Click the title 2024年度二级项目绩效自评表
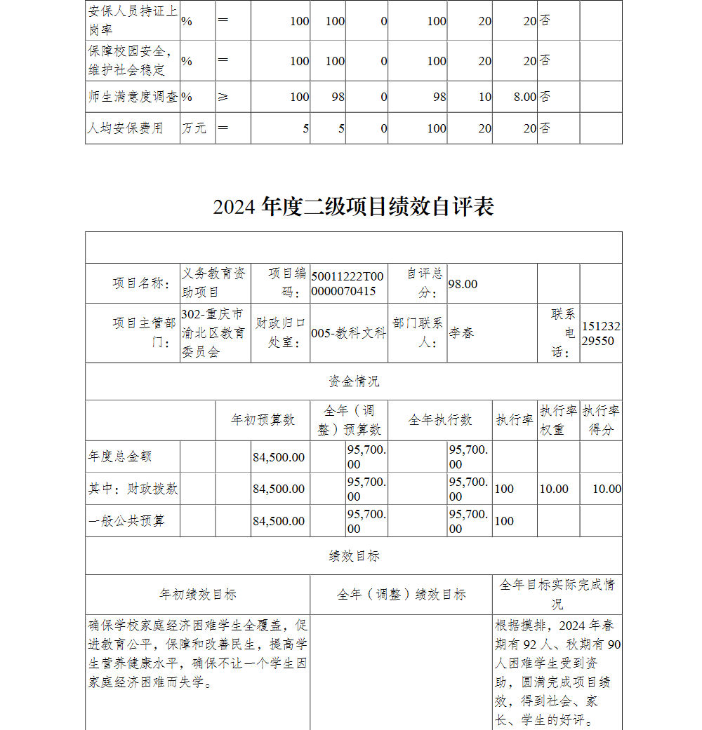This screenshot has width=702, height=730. (x=353, y=207)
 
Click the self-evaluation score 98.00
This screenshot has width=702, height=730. (x=463, y=284)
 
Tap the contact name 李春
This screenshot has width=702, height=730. (x=461, y=333)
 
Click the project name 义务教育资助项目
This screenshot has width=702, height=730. (x=214, y=283)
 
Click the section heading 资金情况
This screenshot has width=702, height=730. (x=353, y=381)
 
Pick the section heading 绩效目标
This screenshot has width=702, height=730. (x=353, y=556)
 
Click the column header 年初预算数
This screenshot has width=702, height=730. (x=263, y=420)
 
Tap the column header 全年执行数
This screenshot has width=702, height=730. (x=440, y=420)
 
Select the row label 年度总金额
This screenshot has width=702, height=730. (x=120, y=457)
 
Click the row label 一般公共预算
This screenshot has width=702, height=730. (x=126, y=521)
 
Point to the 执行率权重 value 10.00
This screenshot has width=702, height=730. (x=554, y=489)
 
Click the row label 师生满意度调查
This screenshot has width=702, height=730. (x=133, y=97)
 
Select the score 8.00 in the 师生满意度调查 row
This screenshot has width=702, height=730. (x=524, y=97)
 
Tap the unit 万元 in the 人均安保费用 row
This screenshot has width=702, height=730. (x=194, y=128)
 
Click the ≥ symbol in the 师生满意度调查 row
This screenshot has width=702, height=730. (x=223, y=97)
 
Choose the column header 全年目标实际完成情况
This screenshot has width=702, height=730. (x=557, y=594)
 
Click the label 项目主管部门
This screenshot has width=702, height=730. (x=144, y=332)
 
